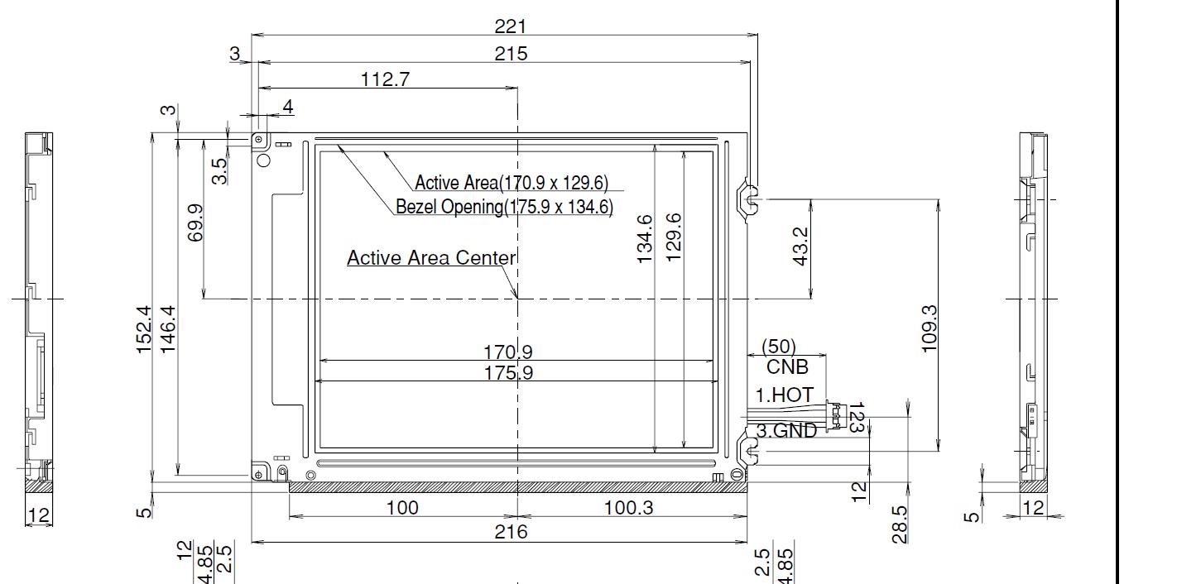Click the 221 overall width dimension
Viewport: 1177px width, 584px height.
pyautogui.click(x=511, y=26)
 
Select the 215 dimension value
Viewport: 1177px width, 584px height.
pyautogui.click(x=511, y=53)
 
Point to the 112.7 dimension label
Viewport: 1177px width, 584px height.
pyautogui.click(x=385, y=79)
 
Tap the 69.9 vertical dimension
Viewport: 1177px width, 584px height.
pyautogui.click(x=195, y=223)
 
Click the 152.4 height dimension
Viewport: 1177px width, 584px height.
pyautogui.click(x=143, y=330)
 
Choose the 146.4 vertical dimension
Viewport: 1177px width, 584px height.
pyautogui.click(x=167, y=330)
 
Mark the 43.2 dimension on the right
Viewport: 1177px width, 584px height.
pyautogui.click(x=800, y=247)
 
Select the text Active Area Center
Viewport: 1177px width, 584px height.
pyautogui.click(x=430, y=258)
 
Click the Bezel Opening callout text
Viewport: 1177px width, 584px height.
pyautogui.click(x=504, y=207)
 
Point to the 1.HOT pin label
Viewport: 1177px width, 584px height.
pyautogui.click(x=784, y=395)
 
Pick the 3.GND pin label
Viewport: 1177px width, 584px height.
pyautogui.click(x=786, y=430)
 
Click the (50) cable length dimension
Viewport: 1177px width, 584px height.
pyautogui.click(x=778, y=346)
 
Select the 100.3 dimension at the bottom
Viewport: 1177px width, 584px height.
pyautogui.click(x=629, y=507)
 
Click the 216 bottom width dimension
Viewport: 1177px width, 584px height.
pyautogui.click(x=511, y=532)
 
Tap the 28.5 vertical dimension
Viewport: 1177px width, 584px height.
pyautogui.click(x=901, y=524)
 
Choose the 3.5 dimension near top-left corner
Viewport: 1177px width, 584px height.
pyautogui.click(x=219, y=171)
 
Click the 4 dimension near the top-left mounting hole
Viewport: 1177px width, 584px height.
pyautogui.click(x=288, y=107)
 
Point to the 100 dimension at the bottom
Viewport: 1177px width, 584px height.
pyautogui.click(x=402, y=507)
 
